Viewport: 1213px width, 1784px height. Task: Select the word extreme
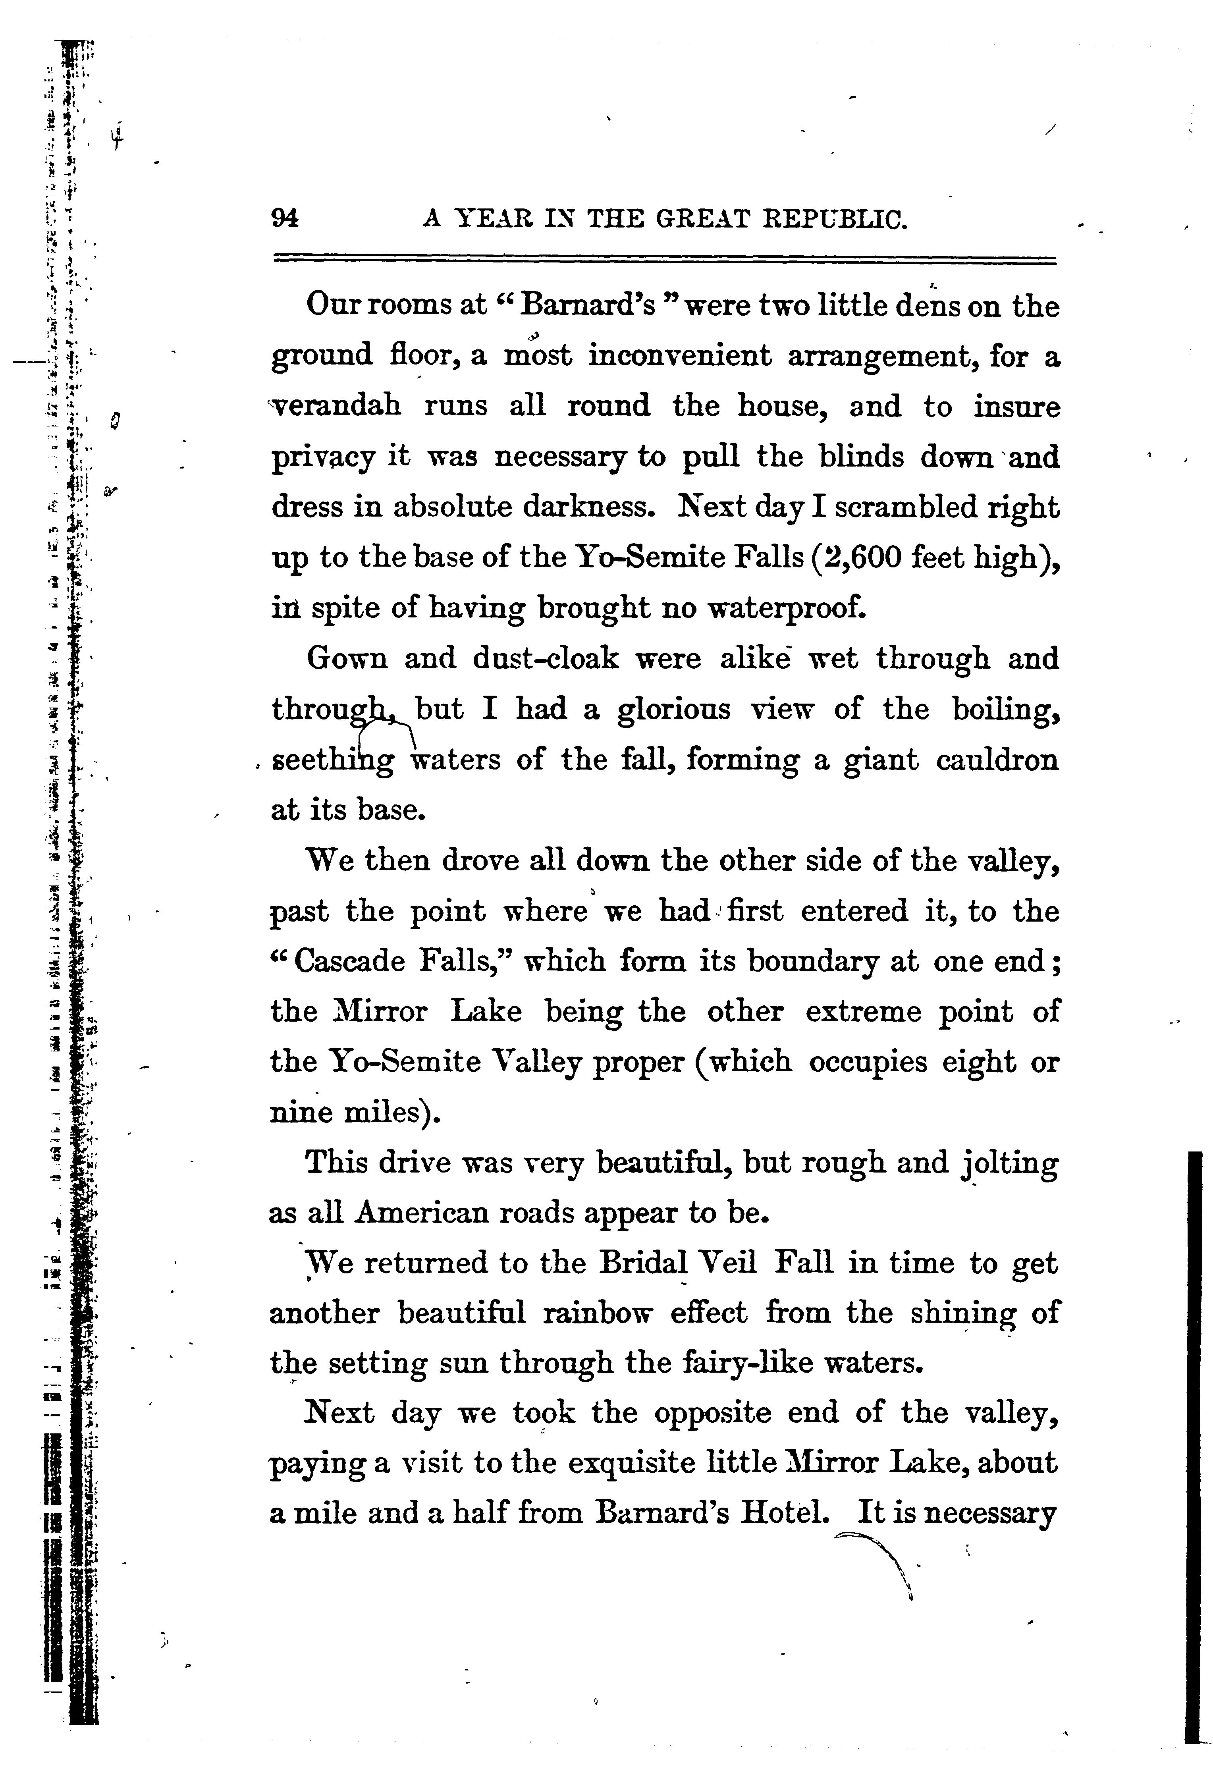(861, 1013)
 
